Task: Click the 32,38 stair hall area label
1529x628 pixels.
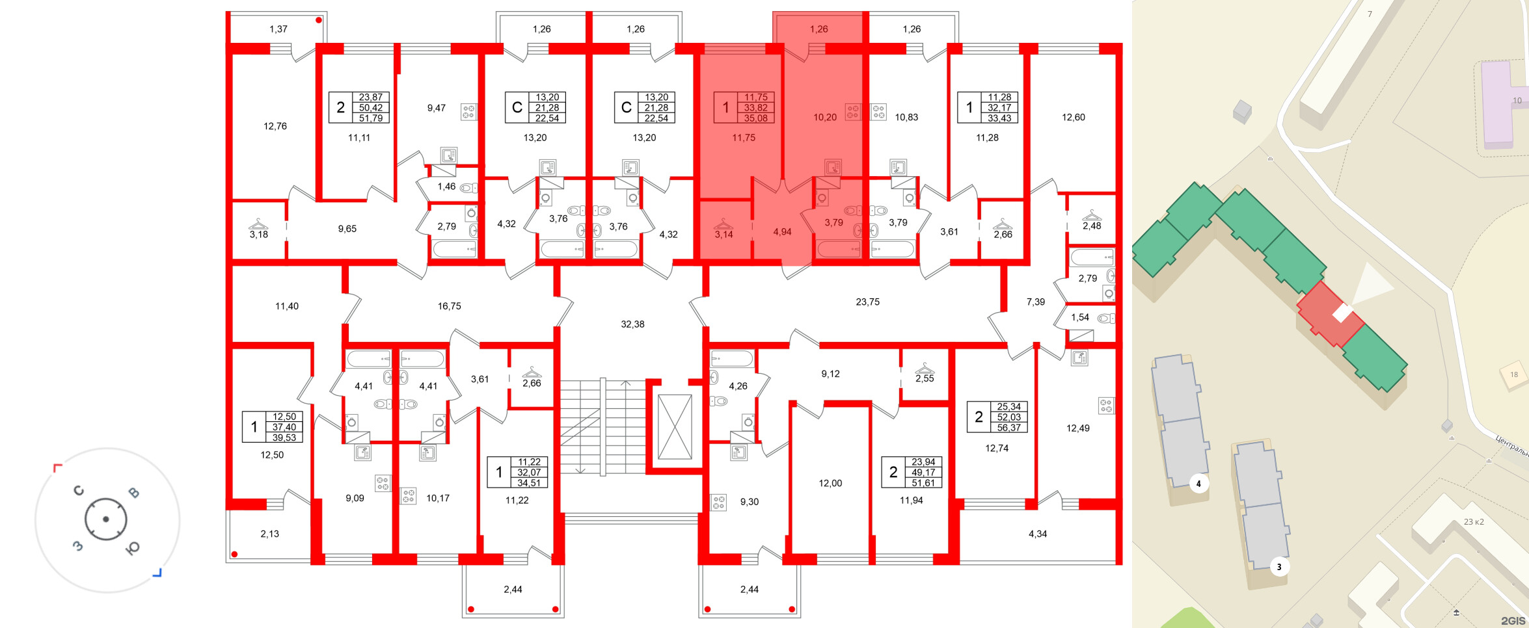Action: tap(632, 324)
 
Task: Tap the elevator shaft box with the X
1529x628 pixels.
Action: tap(675, 426)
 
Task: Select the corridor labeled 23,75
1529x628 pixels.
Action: tap(867, 302)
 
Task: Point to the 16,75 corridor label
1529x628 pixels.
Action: tap(449, 306)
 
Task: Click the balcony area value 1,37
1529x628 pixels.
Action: tap(278, 29)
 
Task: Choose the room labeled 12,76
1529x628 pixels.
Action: tap(275, 126)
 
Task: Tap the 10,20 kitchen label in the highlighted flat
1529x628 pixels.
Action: tap(824, 118)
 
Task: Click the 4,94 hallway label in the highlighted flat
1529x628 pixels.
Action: tap(782, 232)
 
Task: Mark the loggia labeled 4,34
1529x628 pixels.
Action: tap(1037, 534)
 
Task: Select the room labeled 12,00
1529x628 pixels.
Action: tap(830, 483)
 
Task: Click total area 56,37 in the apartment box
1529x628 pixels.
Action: tap(1008, 428)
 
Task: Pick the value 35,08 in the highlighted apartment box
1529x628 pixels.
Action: tap(755, 118)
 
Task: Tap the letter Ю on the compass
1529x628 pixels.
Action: tap(132, 548)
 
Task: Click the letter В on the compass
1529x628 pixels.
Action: tap(133, 493)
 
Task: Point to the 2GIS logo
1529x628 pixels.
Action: tap(1513, 621)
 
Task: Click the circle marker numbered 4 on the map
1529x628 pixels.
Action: tap(1198, 484)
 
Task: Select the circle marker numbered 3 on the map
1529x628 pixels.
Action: tap(1279, 567)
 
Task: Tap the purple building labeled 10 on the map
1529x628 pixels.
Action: tap(1503, 104)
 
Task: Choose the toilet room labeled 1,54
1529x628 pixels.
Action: tap(1080, 317)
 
